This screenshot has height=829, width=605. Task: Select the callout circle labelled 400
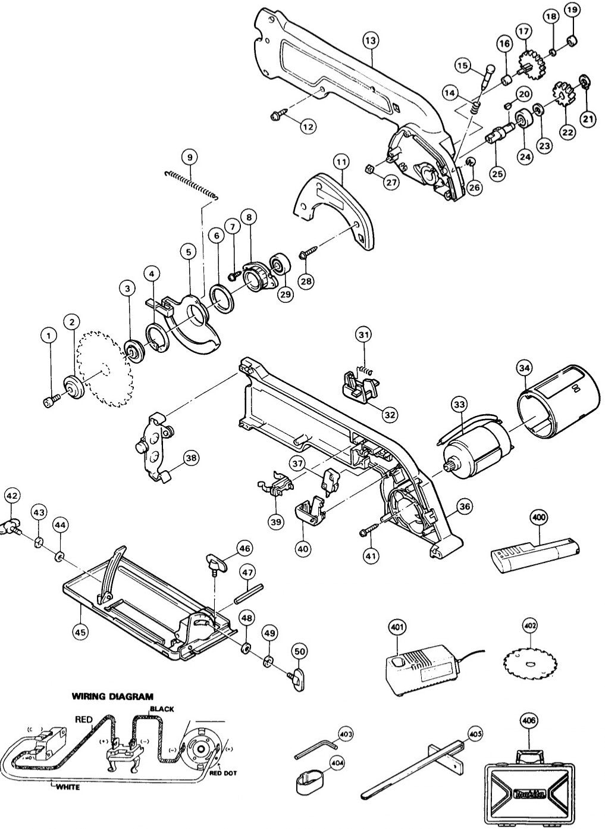point(540,518)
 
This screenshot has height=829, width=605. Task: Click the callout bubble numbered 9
point(190,157)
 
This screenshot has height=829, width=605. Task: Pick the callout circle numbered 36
point(465,508)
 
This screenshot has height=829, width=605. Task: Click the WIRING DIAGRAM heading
point(112,696)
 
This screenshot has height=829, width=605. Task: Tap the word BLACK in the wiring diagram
point(161,709)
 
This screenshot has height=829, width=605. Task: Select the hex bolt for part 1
point(51,402)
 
